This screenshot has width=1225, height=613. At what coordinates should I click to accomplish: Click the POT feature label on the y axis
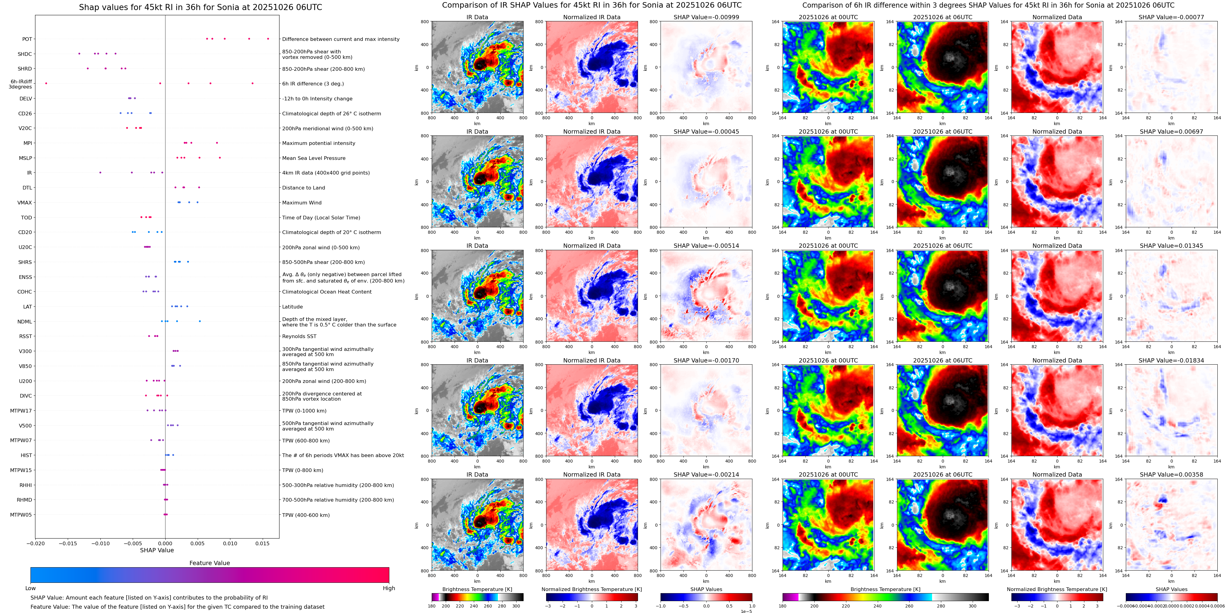(27, 39)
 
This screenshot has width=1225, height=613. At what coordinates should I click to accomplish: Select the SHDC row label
(25, 54)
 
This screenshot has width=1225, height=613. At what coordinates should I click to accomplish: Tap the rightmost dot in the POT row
(268, 38)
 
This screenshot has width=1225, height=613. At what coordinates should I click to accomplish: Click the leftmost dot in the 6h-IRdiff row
(46, 83)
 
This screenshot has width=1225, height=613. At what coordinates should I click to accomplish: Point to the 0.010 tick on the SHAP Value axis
(230, 543)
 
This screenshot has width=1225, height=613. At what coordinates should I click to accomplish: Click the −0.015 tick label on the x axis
(67, 543)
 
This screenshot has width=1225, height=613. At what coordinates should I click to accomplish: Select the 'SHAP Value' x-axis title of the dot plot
(157, 550)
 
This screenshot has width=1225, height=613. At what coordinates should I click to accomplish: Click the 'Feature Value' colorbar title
(209, 563)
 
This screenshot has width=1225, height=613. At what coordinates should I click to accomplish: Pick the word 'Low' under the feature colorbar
(31, 588)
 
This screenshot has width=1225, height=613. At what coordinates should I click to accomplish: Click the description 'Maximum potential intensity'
(319, 143)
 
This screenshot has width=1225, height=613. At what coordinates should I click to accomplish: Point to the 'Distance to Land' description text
(303, 188)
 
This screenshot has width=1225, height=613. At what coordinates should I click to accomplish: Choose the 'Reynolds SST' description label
(299, 336)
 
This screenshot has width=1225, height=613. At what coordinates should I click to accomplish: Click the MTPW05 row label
(21, 514)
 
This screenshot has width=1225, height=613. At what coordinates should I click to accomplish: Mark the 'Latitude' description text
(293, 307)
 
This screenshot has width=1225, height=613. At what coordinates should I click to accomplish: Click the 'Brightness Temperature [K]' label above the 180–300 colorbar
(477, 589)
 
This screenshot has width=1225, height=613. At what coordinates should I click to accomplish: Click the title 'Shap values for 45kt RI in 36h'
(200, 7)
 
